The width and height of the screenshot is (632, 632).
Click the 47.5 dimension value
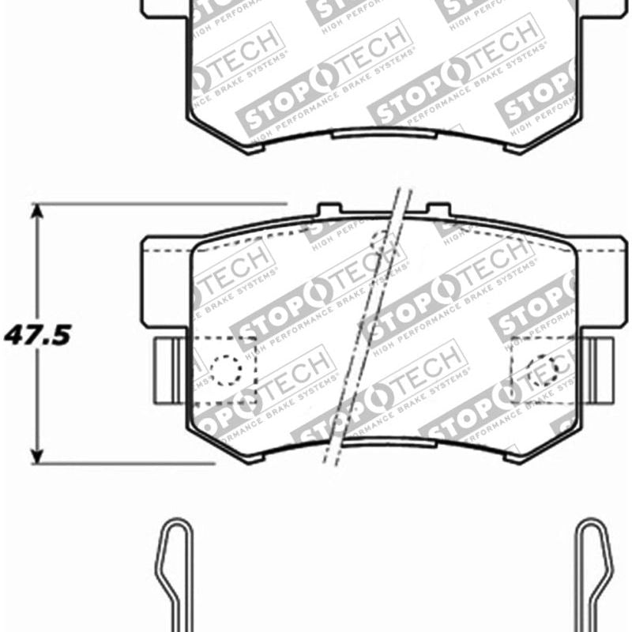[x=37, y=335]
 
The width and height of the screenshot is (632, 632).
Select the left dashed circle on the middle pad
[x=225, y=369]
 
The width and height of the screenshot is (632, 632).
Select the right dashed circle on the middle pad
[x=542, y=369]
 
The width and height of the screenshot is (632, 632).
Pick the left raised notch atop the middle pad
[x=329, y=210]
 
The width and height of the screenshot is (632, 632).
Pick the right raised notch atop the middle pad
[x=438, y=210]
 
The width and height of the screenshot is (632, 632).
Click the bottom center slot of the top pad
[x=383, y=134]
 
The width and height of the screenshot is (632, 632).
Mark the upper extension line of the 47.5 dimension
[x=158, y=204]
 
